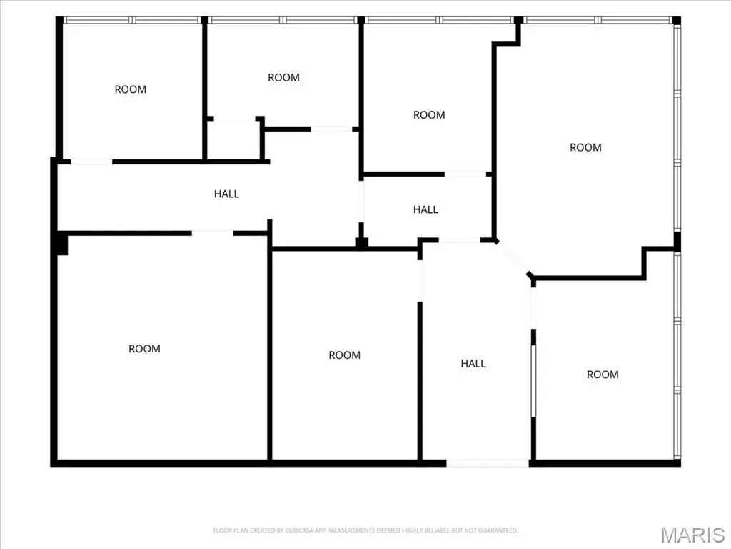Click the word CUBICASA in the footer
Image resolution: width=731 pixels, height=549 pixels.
299,530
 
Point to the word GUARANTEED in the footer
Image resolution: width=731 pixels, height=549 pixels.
500,530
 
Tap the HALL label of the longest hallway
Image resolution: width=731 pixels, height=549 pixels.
226,194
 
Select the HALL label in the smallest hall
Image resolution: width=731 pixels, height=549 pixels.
425,209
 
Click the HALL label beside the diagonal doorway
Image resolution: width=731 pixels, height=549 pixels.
473,364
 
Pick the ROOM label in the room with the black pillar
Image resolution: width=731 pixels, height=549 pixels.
144,349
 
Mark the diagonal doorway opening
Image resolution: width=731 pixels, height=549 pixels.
513,259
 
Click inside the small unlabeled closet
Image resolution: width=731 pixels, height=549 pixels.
234,141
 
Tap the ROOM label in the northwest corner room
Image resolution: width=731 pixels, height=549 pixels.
131,89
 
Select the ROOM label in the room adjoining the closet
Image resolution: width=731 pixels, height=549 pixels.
283,77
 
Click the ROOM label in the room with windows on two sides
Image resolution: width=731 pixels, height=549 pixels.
585,147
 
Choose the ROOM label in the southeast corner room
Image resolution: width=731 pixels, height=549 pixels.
603,375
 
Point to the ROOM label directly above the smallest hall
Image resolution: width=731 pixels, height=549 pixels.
429,115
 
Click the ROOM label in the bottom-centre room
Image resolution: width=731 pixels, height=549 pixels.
345,355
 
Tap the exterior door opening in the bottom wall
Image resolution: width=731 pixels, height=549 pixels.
488,463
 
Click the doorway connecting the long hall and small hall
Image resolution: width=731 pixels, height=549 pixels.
361,202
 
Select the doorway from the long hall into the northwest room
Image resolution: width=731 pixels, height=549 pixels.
91,162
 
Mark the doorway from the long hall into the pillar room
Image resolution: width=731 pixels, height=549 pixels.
213,233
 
